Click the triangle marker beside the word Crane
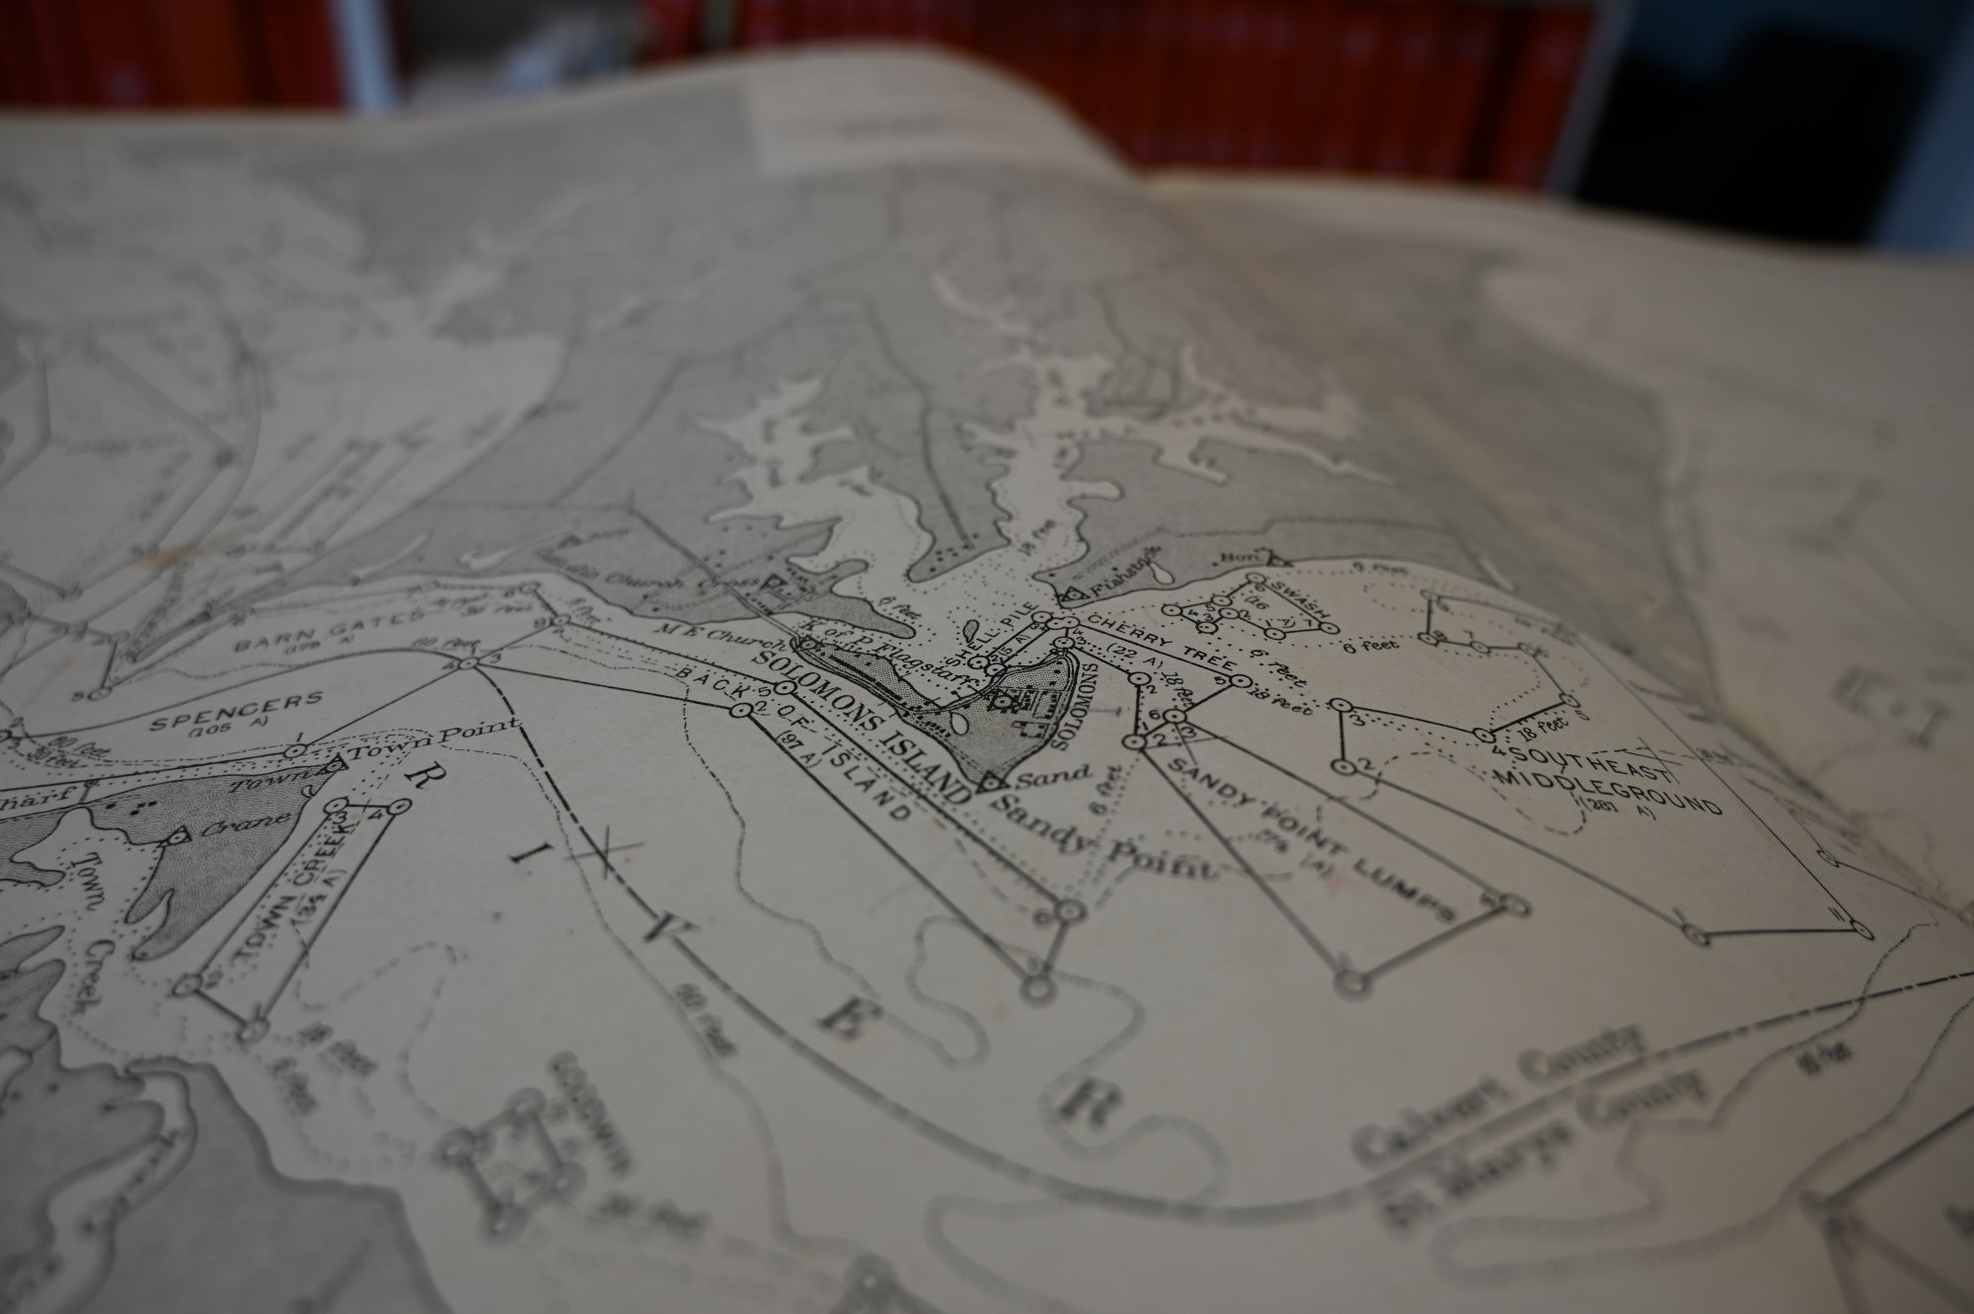(177, 837)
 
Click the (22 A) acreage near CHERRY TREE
(1129, 654)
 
